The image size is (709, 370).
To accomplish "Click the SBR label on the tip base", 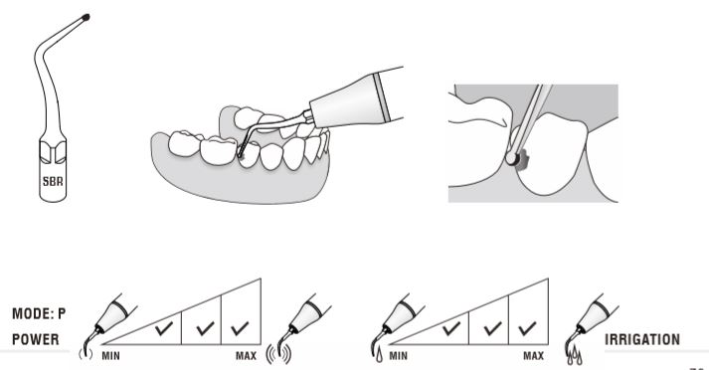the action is [53, 181].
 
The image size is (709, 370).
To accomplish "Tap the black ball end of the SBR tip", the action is [86, 17].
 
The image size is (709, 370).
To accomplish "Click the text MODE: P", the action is [39, 313].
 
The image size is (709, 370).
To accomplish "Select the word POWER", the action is [35, 340].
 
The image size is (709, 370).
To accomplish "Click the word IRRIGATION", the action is [642, 340].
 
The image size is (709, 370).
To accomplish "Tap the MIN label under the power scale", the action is [110, 356].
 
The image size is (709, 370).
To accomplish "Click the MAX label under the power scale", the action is [246, 356].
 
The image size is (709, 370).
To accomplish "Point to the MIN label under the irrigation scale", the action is [399, 356].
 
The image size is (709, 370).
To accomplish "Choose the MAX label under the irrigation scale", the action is [534, 356].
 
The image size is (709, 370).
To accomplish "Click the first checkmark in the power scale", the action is [164, 328].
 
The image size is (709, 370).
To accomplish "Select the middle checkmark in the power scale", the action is [205, 328].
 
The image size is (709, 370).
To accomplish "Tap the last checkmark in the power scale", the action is [240, 328].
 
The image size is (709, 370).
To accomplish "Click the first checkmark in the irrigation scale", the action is [451, 328].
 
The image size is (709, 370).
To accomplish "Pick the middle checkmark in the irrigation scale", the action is [492, 328].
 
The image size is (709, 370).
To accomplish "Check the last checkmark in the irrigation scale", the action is [527, 328].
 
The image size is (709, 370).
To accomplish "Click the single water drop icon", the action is [379, 355].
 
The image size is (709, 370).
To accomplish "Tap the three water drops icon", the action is [574, 356].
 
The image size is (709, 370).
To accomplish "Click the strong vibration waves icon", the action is [278, 353].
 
